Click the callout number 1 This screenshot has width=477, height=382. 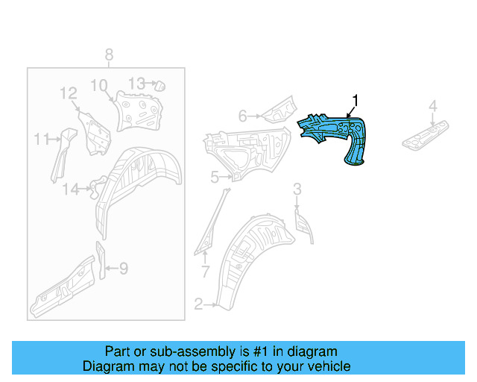[356, 99]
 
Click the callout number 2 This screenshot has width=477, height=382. [198, 304]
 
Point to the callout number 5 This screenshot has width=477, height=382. [214, 177]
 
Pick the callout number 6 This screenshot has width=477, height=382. [242, 116]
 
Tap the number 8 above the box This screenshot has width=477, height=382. [109, 54]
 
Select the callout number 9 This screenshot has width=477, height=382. [124, 268]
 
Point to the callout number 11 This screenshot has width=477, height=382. [40, 138]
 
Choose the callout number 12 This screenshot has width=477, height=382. [69, 93]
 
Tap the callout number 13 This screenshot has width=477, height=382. [136, 83]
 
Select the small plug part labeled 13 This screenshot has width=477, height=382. [159, 86]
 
